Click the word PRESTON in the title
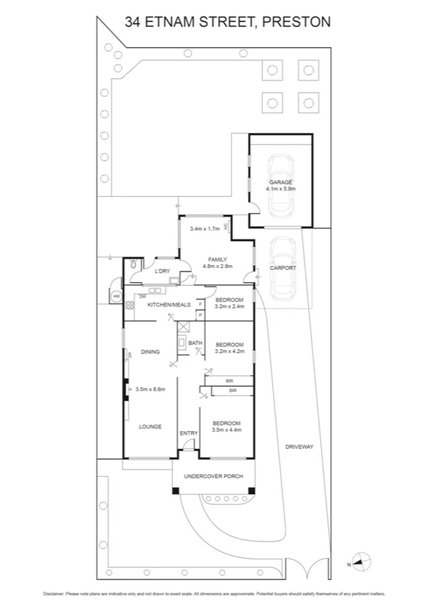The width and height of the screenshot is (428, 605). [296, 22]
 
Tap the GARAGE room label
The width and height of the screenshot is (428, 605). [281, 182]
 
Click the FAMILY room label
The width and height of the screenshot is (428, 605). [217, 259]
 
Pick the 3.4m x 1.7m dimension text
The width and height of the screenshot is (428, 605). [205, 229]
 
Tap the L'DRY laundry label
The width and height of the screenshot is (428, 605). [162, 271]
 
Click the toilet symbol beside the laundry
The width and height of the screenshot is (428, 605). [133, 266]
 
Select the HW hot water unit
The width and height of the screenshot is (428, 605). [116, 296]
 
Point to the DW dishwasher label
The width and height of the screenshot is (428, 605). [143, 296]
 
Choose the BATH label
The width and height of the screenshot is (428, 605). [194, 343]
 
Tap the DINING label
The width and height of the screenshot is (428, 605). [150, 352]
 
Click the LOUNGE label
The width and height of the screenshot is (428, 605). [150, 427]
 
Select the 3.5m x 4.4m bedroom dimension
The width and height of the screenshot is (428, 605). [227, 430]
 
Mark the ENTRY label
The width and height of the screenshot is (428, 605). [189, 433]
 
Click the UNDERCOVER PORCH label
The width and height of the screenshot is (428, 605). [214, 476]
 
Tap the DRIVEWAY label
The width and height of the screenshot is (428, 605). [299, 447]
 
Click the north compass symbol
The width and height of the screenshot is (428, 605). [361, 562]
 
